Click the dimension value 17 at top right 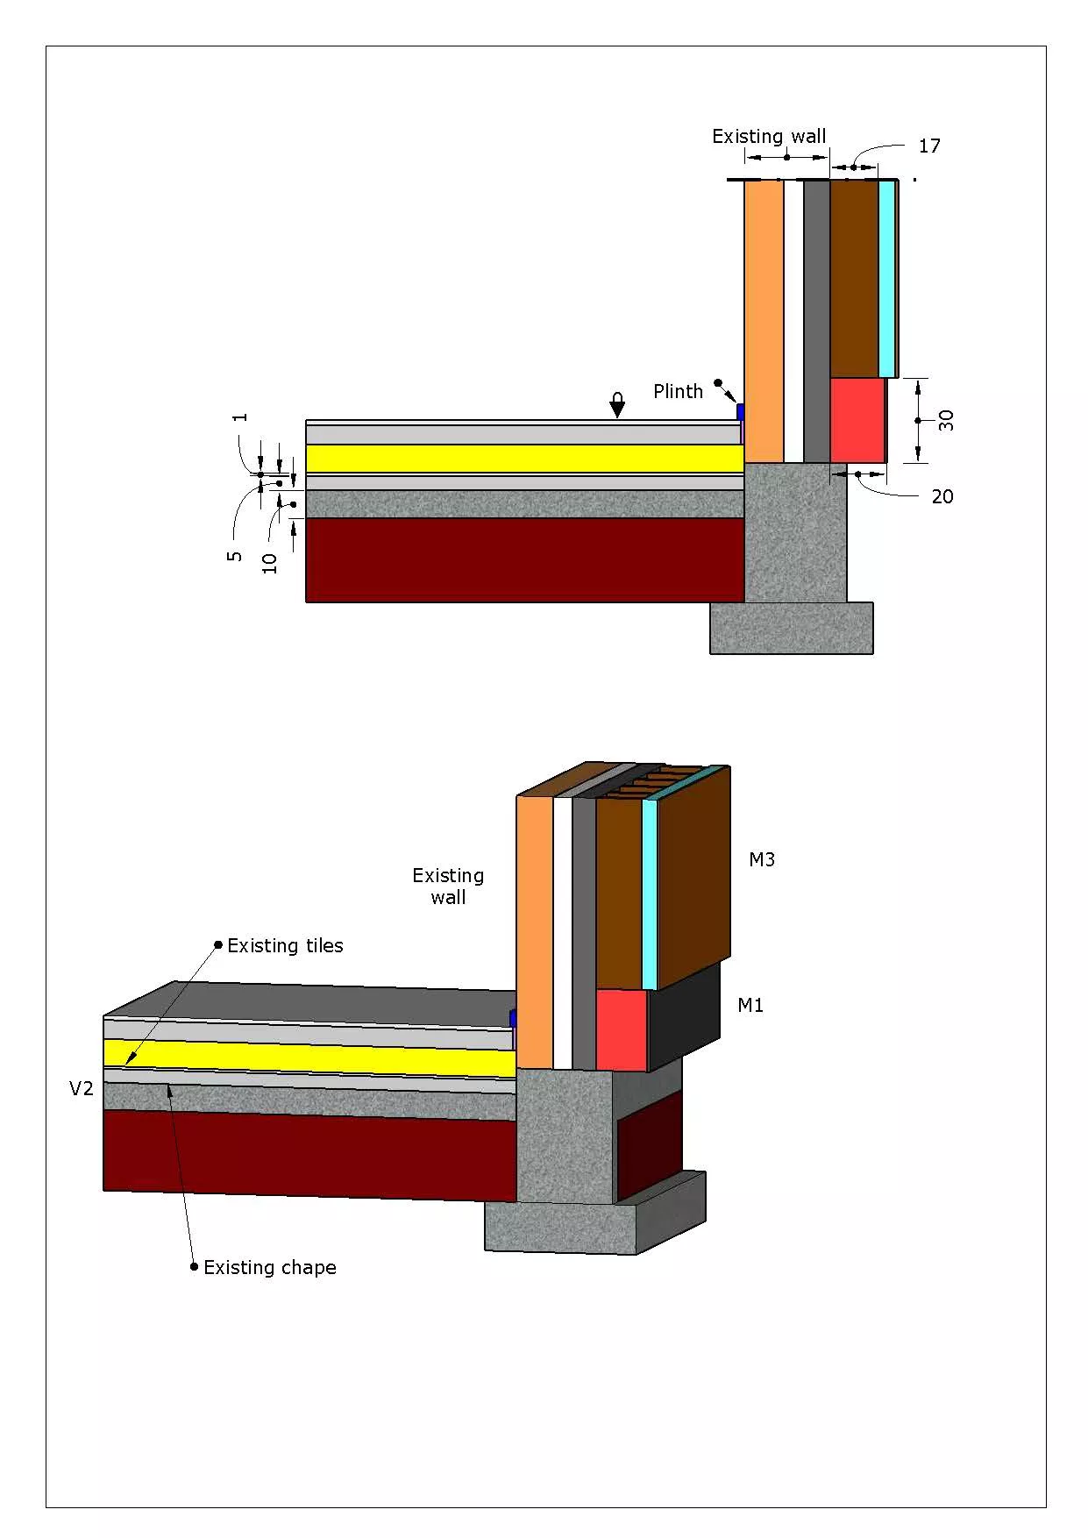(x=929, y=146)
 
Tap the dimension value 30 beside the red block (x=946, y=421)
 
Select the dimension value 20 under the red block (x=942, y=496)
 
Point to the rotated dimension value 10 (x=270, y=563)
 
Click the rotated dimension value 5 (x=234, y=556)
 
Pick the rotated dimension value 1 (x=241, y=417)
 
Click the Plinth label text (x=678, y=392)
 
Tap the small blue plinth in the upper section (x=741, y=411)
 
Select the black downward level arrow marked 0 (x=617, y=405)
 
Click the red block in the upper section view (x=857, y=420)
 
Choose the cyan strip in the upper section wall (x=886, y=279)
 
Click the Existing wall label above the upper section (x=769, y=137)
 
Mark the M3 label (x=762, y=860)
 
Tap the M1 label (x=750, y=1006)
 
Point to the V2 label (x=82, y=1089)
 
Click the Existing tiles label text (x=285, y=946)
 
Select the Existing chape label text (x=269, y=1268)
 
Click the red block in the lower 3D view (x=622, y=1030)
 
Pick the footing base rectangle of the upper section (x=791, y=628)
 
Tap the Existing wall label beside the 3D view (x=448, y=886)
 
